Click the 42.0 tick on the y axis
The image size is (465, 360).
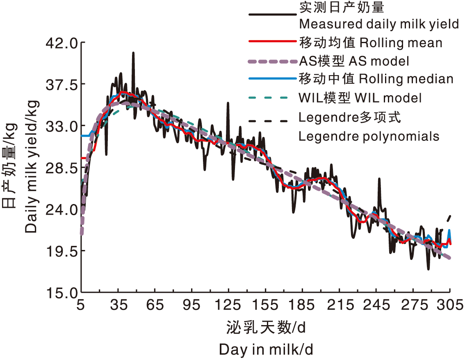click(x=61, y=43)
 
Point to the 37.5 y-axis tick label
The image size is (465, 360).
click(x=61, y=85)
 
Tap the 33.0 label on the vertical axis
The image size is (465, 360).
click(x=61, y=126)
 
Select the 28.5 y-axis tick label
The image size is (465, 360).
click(x=61, y=168)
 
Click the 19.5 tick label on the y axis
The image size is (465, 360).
click(x=61, y=251)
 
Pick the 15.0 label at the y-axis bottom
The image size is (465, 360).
click(x=61, y=293)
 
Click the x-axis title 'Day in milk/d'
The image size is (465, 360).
click(x=266, y=350)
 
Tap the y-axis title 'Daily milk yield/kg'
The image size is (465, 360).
click(x=31, y=166)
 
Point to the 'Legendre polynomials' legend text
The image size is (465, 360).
click(x=369, y=136)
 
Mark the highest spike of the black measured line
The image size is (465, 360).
click(x=133, y=53)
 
